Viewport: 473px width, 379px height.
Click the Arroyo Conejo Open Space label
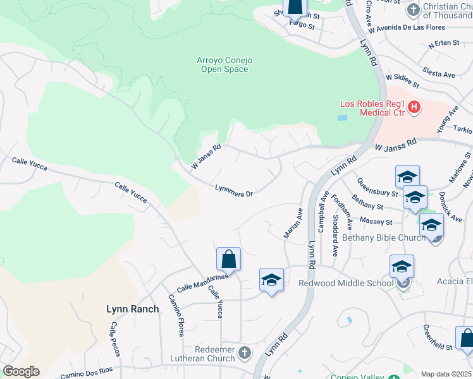[x=224, y=64]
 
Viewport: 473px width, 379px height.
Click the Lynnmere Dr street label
[x=234, y=190]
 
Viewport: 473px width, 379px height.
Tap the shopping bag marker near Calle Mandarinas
[x=228, y=260]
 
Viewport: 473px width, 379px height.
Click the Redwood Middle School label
[x=346, y=283]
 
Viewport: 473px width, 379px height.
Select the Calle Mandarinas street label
[x=202, y=282]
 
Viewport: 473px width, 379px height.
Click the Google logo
[x=21, y=371]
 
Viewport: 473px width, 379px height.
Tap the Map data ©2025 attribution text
[x=446, y=374]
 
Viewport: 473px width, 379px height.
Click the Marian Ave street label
[x=292, y=224]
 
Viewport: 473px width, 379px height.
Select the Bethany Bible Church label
[x=384, y=238]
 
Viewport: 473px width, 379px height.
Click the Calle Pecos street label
[x=114, y=337]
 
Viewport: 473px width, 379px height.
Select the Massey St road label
[x=376, y=222]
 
